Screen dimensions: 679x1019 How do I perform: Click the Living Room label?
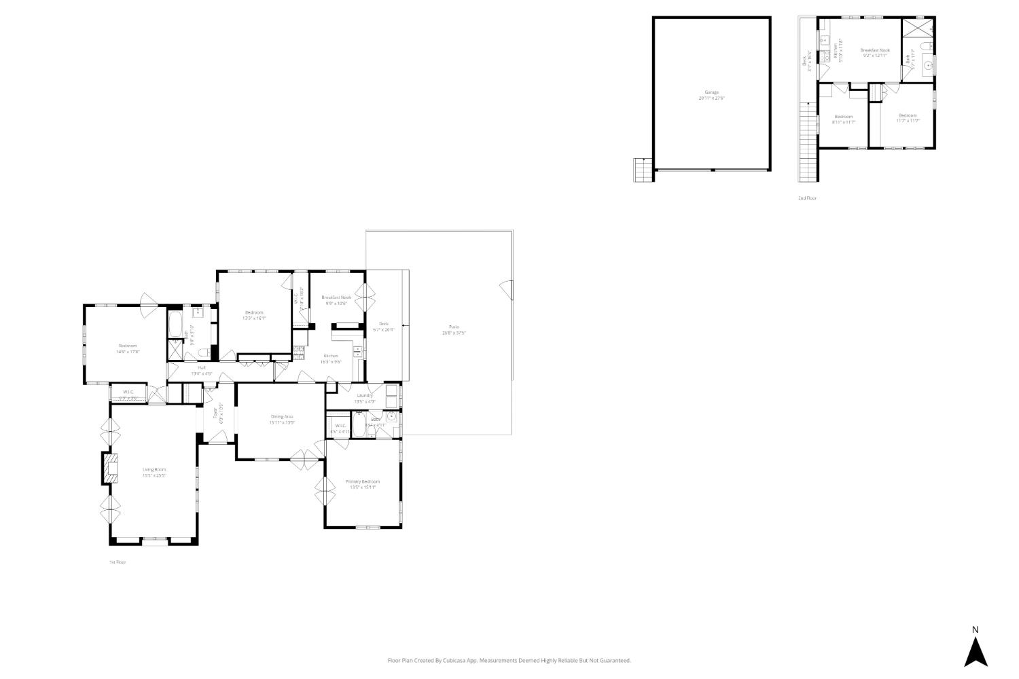pos(154,470)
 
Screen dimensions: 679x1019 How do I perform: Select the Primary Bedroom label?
pos(363,482)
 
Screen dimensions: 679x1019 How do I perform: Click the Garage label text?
pos(711,93)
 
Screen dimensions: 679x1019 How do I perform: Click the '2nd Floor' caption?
pos(807,198)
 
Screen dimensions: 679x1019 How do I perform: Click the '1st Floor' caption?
pos(118,562)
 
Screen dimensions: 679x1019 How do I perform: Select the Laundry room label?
pos(365,395)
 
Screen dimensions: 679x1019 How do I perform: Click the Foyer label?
pos(215,413)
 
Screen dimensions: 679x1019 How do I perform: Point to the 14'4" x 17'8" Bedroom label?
pos(127,346)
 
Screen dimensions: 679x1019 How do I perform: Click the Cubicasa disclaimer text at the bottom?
pos(509,660)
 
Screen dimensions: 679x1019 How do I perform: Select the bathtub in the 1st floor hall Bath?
pos(175,325)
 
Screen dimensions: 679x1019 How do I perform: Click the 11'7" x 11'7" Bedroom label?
pos(908,116)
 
